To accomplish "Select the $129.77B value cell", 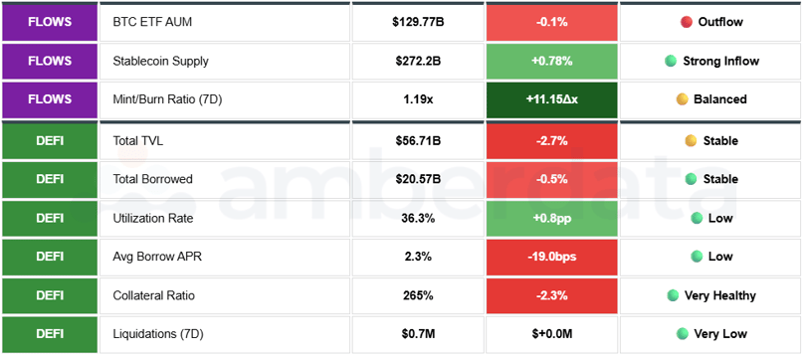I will point(418,22).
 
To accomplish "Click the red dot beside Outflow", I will point(687,22).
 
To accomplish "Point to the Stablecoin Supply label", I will point(161,61).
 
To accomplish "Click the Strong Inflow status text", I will point(720,61).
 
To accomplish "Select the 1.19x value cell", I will point(418,99).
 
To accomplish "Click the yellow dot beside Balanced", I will point(682,99).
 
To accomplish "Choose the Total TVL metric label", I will point(141,141).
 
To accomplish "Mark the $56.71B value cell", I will point(418,141).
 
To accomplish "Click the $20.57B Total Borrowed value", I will point(418,179).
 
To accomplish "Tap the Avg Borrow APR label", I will point(156,257).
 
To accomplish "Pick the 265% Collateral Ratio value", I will point(418,295).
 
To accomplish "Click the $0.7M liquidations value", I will point(418,334).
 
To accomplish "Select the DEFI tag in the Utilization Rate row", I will point(50,218).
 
